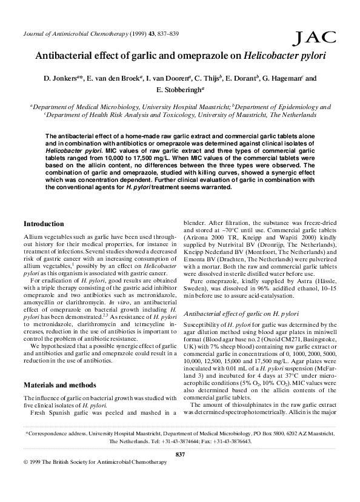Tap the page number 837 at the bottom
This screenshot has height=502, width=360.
[179, 471]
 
